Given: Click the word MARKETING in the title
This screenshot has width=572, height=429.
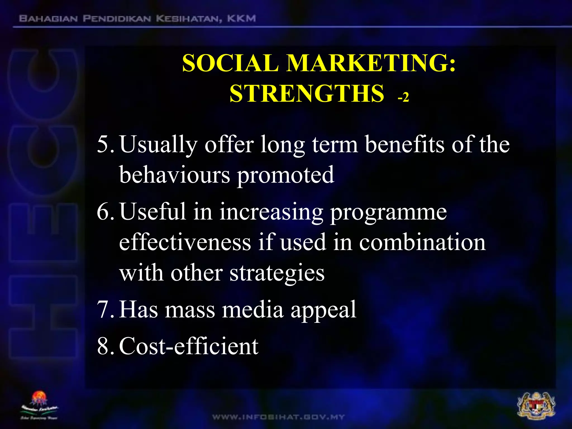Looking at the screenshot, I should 371,63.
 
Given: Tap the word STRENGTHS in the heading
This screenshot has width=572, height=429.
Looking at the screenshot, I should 307,94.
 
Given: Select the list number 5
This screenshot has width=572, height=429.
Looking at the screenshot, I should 104,145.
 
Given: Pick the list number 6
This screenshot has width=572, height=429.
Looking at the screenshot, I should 104,212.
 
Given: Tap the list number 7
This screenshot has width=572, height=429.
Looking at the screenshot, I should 104,309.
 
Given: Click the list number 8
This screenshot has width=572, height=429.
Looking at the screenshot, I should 104,346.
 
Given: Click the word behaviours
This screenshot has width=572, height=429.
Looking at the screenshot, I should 175,175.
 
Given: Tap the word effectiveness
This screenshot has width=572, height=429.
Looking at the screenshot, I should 185,242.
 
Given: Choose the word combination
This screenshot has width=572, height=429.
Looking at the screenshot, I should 422,242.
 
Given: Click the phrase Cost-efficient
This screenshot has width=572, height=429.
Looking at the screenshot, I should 189,346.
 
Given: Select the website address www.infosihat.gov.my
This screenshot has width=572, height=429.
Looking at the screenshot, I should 278,417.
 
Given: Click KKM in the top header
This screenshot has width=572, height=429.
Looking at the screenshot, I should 241,19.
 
